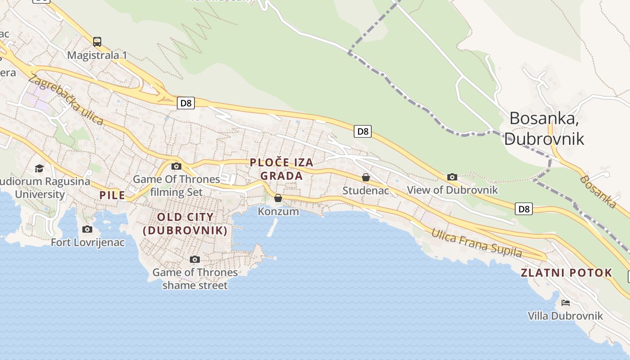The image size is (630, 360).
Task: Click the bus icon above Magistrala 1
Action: [97, 42]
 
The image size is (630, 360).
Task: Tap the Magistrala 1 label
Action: [97, 55]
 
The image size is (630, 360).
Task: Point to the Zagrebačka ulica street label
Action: [66, 100]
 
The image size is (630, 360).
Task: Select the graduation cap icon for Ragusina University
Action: [40, 168]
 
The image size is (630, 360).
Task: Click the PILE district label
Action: [112, 195]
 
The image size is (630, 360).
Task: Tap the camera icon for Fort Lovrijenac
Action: [87, 229]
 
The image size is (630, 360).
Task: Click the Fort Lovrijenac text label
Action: [87, 243]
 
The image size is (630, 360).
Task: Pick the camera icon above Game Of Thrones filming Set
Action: [176, 166]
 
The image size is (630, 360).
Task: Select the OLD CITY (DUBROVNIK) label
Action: [185, 224]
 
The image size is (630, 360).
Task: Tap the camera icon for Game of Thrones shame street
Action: [195, 259]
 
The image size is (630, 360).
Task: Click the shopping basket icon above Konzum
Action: [278, 198]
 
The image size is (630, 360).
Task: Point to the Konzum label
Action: [278, 211]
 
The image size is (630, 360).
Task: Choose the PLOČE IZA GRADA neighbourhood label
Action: [282, 169]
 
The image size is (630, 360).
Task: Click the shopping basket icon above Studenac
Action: [366, 177]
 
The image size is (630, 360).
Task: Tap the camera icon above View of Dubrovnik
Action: [452, 177]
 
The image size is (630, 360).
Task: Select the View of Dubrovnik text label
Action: [452, 189]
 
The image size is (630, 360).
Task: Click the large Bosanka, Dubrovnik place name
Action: [544, 128]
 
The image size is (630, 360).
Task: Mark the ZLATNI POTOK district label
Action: [566, 273]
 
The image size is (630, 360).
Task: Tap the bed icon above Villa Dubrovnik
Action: [566, 303]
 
